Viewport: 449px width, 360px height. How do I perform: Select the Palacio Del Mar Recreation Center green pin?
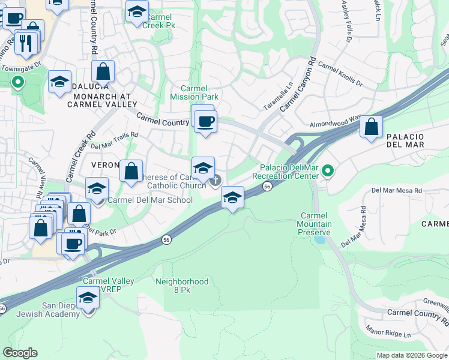[327, 172]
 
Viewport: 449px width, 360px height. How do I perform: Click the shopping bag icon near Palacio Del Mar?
[372, 127]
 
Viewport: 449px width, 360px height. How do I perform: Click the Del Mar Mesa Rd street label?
[397, 190]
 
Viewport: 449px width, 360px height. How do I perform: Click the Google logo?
[20, 353]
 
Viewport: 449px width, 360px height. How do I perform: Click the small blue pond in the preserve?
[319, 239]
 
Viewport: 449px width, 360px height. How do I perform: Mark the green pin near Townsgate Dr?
[18, 82]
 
